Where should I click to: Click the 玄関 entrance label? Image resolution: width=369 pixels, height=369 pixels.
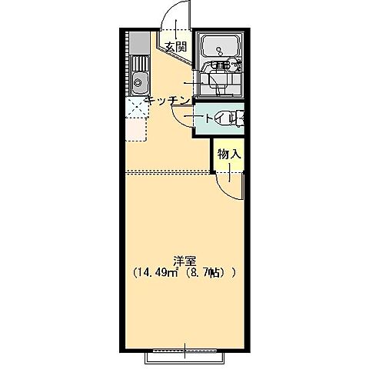(x=175, y=47)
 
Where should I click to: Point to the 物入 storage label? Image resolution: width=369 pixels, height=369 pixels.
(x=229, y=155)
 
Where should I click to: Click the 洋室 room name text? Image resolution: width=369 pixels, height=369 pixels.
(x=184, y=261)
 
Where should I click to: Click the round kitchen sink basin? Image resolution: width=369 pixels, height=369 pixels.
(x=138, y=82)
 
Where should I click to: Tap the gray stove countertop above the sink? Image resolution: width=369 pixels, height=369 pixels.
(x=139, y=43)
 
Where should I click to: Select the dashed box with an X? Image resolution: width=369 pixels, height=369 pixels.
(x=137, y=107)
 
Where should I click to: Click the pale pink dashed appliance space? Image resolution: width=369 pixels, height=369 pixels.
(x=136, y=129)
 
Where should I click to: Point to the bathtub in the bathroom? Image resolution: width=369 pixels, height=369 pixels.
(x=222, y=45)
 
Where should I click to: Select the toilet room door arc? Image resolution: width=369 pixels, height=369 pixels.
(x=178, y=121)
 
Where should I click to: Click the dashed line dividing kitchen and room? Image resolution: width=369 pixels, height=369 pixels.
(x=168, y=172)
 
